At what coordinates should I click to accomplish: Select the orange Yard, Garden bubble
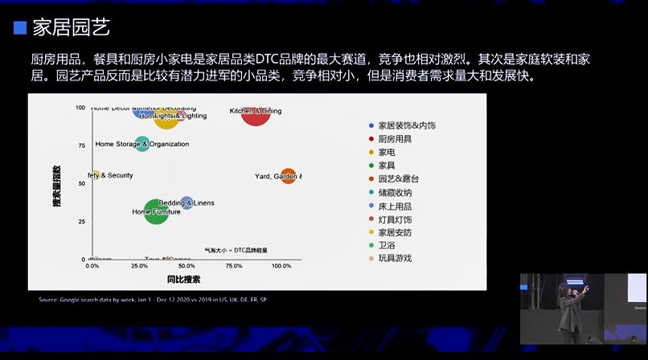coord(288,176)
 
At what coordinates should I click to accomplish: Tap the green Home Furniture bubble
coord(156,212)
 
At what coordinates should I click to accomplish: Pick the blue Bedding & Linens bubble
coord(187,202)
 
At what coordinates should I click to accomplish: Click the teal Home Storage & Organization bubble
coord(142,144)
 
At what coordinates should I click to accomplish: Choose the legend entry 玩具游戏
coord(395,258)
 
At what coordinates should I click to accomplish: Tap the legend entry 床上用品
coord(395,205)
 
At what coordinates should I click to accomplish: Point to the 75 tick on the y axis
coord(81,145)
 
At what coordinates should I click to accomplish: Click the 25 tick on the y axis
coord(81,222)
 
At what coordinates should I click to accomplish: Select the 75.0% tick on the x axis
coord(234,266)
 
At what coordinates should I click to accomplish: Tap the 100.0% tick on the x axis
coord(281,266)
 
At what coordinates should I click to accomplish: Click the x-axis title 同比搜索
coord(184,279)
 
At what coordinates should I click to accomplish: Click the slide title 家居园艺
coord(71,28)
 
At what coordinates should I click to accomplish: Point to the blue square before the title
coord(20,28)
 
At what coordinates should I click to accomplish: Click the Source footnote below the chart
coord(153,300)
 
